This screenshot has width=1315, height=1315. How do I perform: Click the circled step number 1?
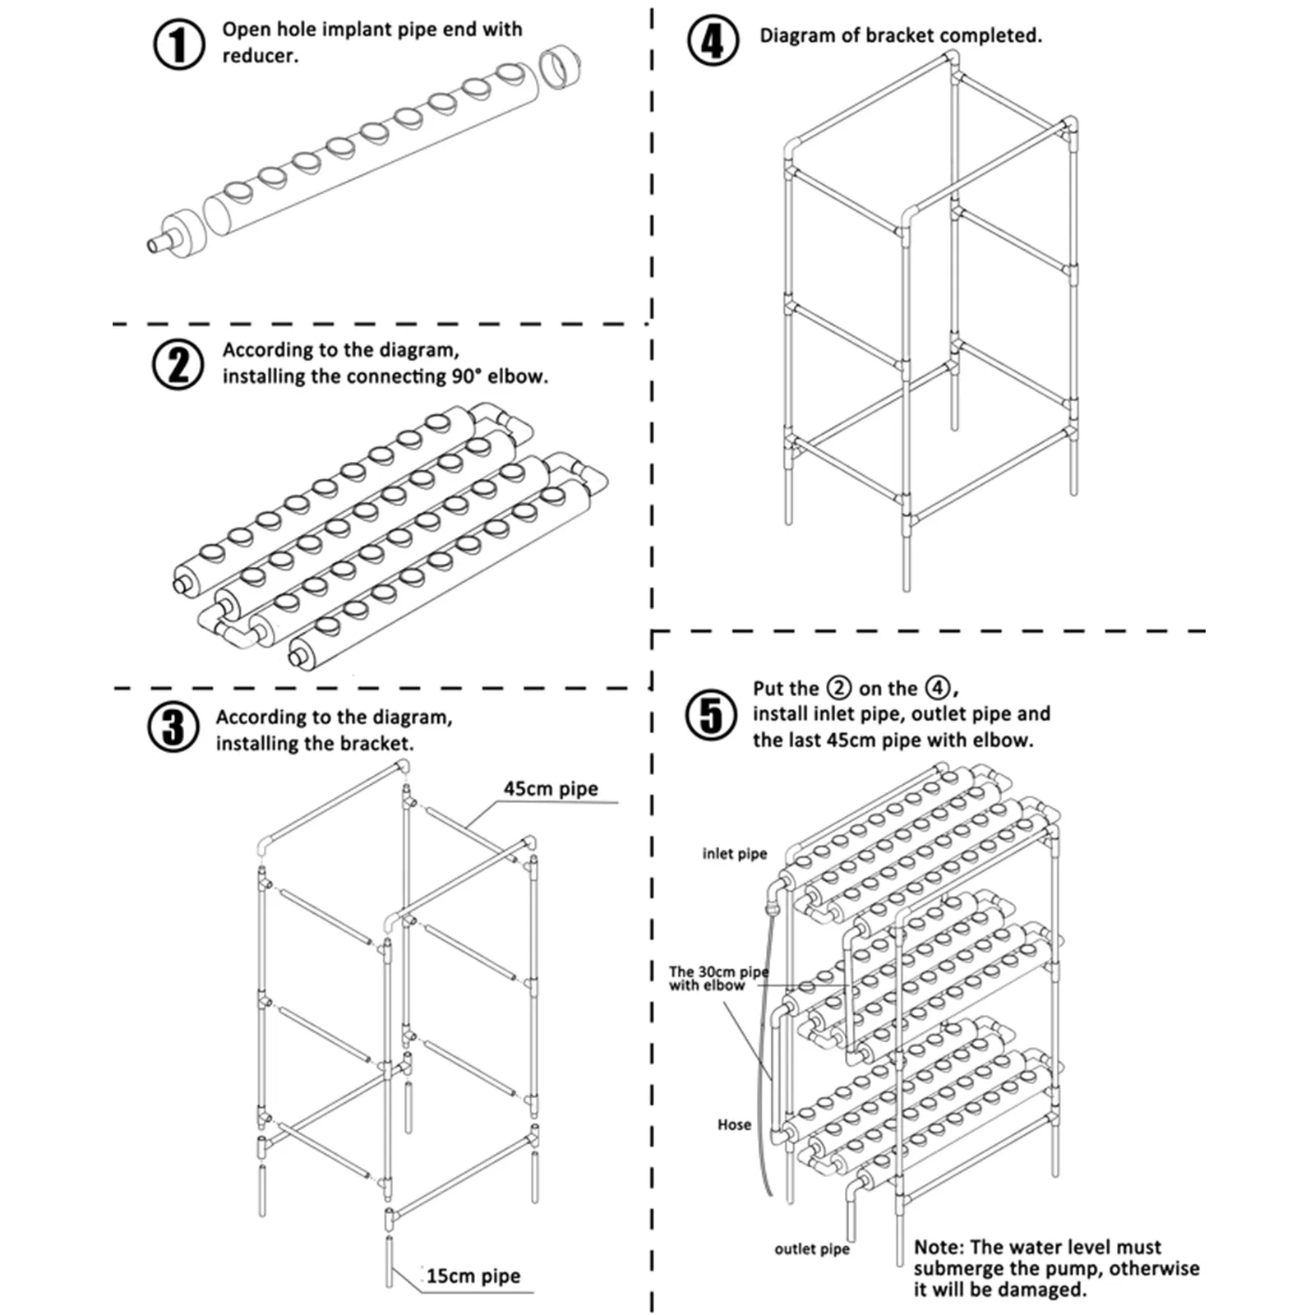coord(178,44)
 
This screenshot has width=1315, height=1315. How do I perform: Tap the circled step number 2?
coord(178,364)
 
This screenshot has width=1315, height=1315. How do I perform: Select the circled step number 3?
coord(173,727)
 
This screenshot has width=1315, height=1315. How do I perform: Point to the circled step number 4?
coord(713,40)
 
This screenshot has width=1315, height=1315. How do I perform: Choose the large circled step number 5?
coord(711,714)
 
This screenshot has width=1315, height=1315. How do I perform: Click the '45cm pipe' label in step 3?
coord(551,789)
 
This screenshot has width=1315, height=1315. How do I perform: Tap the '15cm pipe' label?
coord(473,1276)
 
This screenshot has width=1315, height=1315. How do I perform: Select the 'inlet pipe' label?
coord(734,854)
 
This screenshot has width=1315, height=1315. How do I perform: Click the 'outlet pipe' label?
coord(811,1249)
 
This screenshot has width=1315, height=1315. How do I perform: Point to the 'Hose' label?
coord(734,1124)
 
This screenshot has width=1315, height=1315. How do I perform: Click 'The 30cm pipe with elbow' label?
coord(717,978)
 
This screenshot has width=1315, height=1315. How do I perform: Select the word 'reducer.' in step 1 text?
coord(260,56)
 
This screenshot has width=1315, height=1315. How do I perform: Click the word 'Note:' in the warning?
coord(939,1247)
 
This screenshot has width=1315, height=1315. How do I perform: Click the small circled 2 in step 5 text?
coord(838,688)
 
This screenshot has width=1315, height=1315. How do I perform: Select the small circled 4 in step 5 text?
coord(938,688)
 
